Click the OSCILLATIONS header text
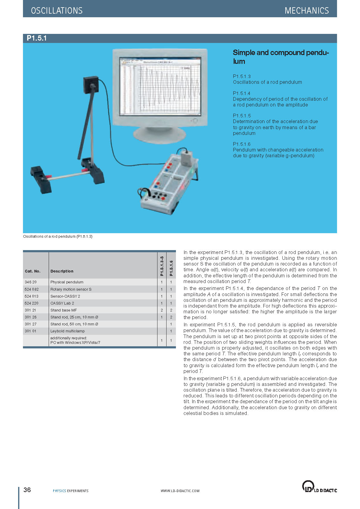coord(57,11)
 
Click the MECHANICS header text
coord(306,11)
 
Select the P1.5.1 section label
coord(37,38)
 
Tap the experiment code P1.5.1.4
coord(242,93)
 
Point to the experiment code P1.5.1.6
coord(242,144)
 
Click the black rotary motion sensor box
coord(91,84)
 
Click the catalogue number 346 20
coord(31,282)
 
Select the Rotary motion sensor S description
coord(71,289)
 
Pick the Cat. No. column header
coord(32,271)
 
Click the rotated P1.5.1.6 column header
coord(171,268)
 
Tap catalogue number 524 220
coord(31,303)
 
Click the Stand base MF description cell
coord(63,310)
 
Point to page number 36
coord(27,490)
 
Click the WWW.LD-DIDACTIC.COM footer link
coord(180,491)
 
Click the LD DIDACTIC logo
coord(319,487)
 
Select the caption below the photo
coord(57,236)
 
